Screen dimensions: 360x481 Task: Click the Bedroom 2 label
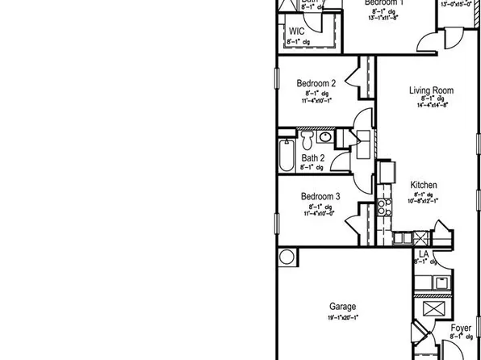(x=316, y=82)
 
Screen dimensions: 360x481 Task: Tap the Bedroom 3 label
(x=320, y=196)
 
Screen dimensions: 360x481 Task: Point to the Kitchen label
(x=424, y=185)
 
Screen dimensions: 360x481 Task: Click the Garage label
(x=343, y=306)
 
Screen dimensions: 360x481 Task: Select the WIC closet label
(x=296, y=31)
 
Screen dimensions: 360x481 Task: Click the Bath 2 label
(x=312, y=158)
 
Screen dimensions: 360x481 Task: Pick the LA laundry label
(x=423, y=253)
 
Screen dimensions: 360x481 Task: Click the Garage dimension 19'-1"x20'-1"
(x=343, y=319)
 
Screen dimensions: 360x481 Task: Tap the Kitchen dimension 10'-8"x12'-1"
(x=425, y=201)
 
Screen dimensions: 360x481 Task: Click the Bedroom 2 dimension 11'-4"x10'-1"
(x=316, y=101)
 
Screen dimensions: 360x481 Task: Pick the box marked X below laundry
(x=433, y=308)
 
